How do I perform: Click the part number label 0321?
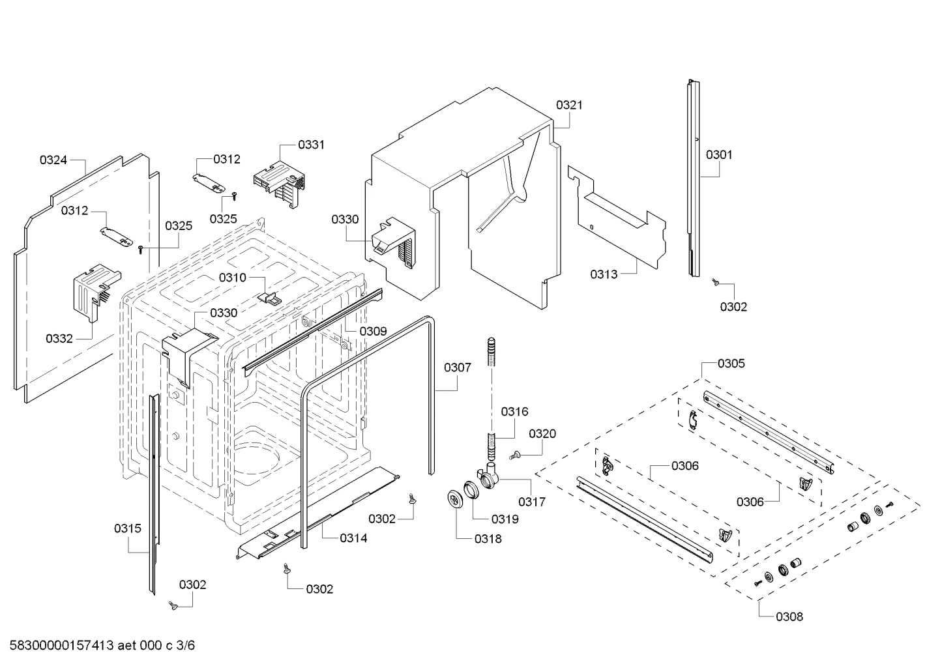click(x=569, y=105)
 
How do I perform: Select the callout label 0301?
click(x=719, y=154)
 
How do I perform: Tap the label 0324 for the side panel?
click(x=53, y=160)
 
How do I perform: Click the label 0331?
click(x=311, y=145)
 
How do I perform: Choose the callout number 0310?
click(x=232, y=278)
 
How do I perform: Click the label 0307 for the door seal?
click(x=457, y=368)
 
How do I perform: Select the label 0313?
click(x=604, y=274)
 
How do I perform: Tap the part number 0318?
click(x=488, y=539)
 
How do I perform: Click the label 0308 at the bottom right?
click(x=789, y=616)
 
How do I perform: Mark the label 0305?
click(x=731, y=364)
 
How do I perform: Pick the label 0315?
click(x=127, y=528)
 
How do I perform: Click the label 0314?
click(x=353, y=538)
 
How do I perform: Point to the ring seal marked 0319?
click(x=471, y=490)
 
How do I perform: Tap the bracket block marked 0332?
click(x=91, y=290)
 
